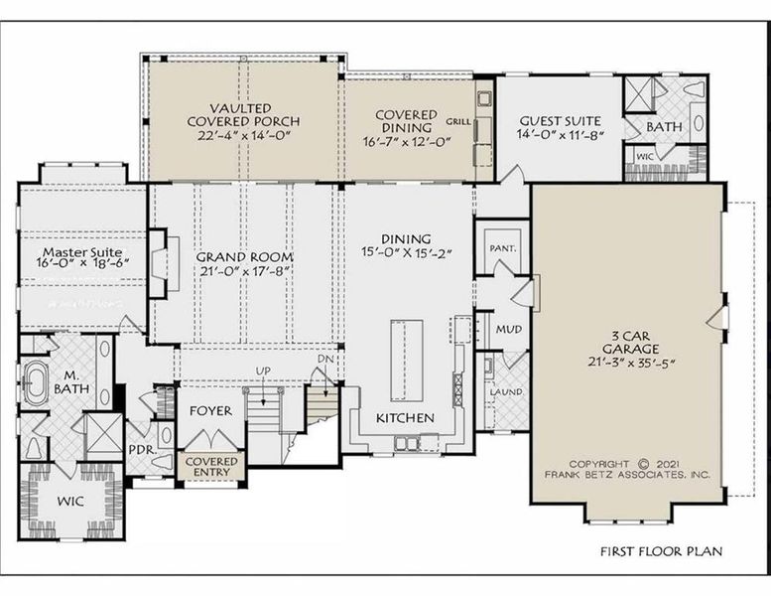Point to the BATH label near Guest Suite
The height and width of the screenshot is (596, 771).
[664, 128]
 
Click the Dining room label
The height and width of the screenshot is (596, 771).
[405, 239]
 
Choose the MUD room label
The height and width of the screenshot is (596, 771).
[508, 329]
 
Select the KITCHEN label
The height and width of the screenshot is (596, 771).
[404, 418]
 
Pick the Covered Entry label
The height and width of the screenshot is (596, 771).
[209, 466]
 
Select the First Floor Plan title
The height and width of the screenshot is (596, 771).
[660, 550]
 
